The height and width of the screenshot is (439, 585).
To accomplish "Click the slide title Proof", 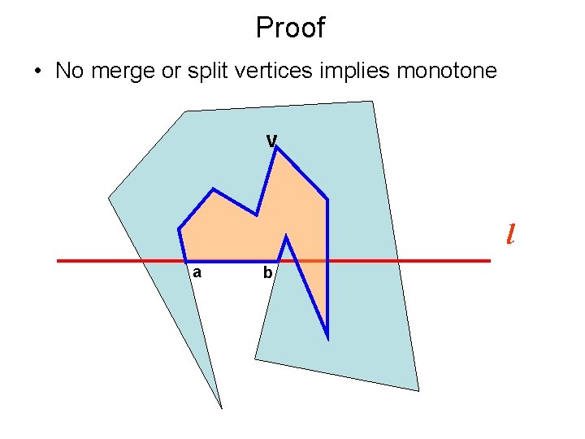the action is pyautogui.click(x=290, y=28).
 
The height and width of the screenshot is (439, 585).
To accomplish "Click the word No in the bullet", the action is pyautogui.click(x=70, y=71).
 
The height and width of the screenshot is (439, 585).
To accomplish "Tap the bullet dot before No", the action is pyautogui.click(x=39, y=72).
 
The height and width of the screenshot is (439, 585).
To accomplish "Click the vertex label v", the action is pyautogui.click(x=272, y=141).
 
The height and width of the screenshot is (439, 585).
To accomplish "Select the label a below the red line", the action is pyautogui.click(x=197, y=273).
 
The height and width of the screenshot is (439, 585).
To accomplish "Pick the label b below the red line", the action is pyautogui.click(x=267, y=274).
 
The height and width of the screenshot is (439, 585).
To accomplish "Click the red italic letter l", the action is pyautogui.click(x=509, y=234).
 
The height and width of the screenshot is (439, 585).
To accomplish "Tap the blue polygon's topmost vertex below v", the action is pyautogui.click(x=276, y=147).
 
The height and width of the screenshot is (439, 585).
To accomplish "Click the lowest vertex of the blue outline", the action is pyautogui.click(x=327, y=337).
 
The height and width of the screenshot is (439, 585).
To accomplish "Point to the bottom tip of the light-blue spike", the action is pyautogui.click(x=221, y=406).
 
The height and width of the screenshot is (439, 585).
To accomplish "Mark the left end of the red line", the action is pyautogui.click(x=58, y=261).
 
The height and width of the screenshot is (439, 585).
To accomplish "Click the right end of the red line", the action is pyautogui.click(x=490, y=261).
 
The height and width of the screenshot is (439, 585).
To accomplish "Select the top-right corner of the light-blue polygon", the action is pyautogui.click(x=372, y=102).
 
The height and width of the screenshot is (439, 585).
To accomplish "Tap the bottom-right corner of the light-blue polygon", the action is pyautogui.click(x=418, y=390).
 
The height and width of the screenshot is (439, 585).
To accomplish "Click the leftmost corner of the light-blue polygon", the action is pyautogui.click(x=109, y=198).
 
